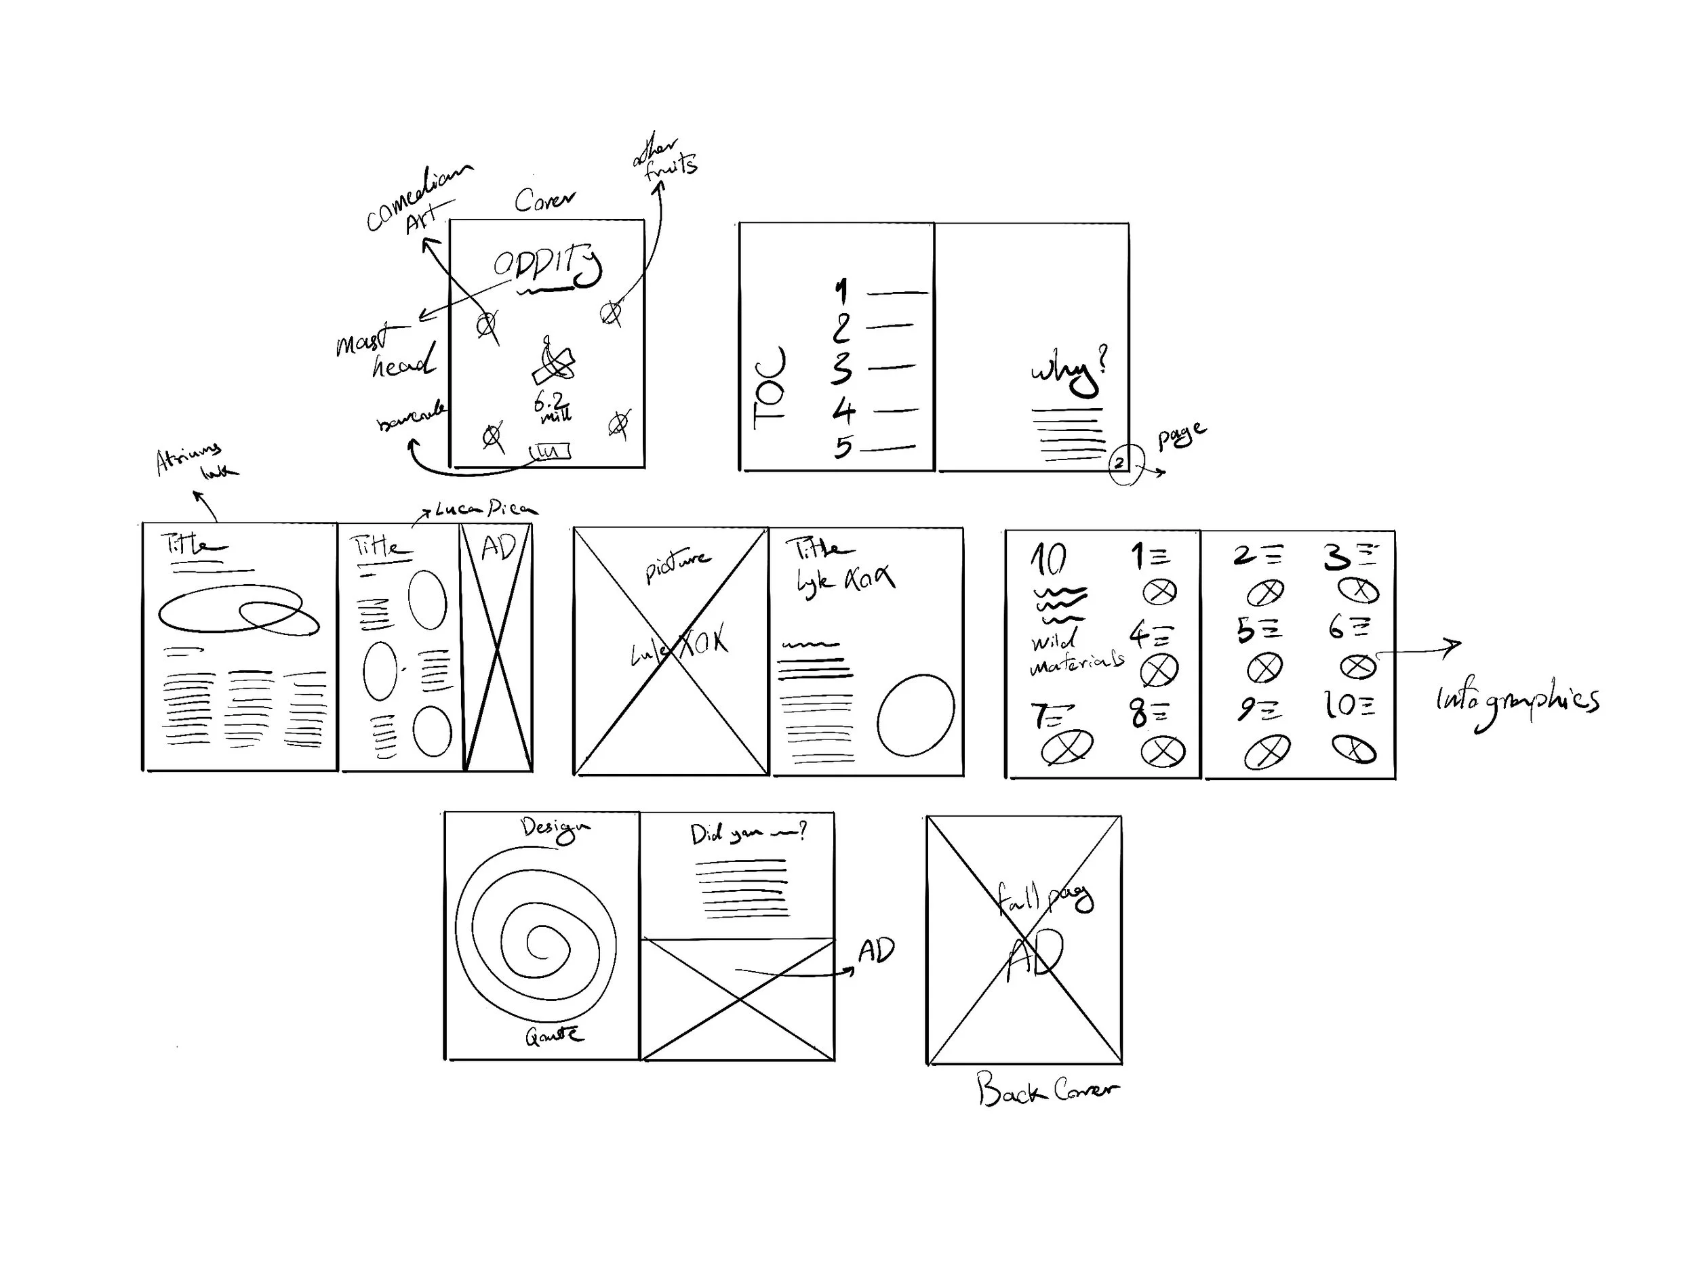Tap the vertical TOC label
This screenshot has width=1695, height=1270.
pos(769,388)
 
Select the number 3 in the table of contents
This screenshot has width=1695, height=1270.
pos(841,368)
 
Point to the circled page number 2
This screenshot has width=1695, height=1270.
pos(1119,463)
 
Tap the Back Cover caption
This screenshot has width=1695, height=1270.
pos(1045,1089)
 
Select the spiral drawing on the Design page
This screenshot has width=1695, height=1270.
pos(536,935)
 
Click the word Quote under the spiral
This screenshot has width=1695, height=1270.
pos(553,1036)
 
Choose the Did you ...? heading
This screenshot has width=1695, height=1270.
pos(747,834)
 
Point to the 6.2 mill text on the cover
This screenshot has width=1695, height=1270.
pos(552,407)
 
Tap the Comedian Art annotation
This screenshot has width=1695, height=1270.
pos(418,199)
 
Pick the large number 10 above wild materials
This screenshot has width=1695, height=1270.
pos(1048,558)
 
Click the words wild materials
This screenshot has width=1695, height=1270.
pos(1075,652)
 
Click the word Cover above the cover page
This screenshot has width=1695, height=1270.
pos(544,201)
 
